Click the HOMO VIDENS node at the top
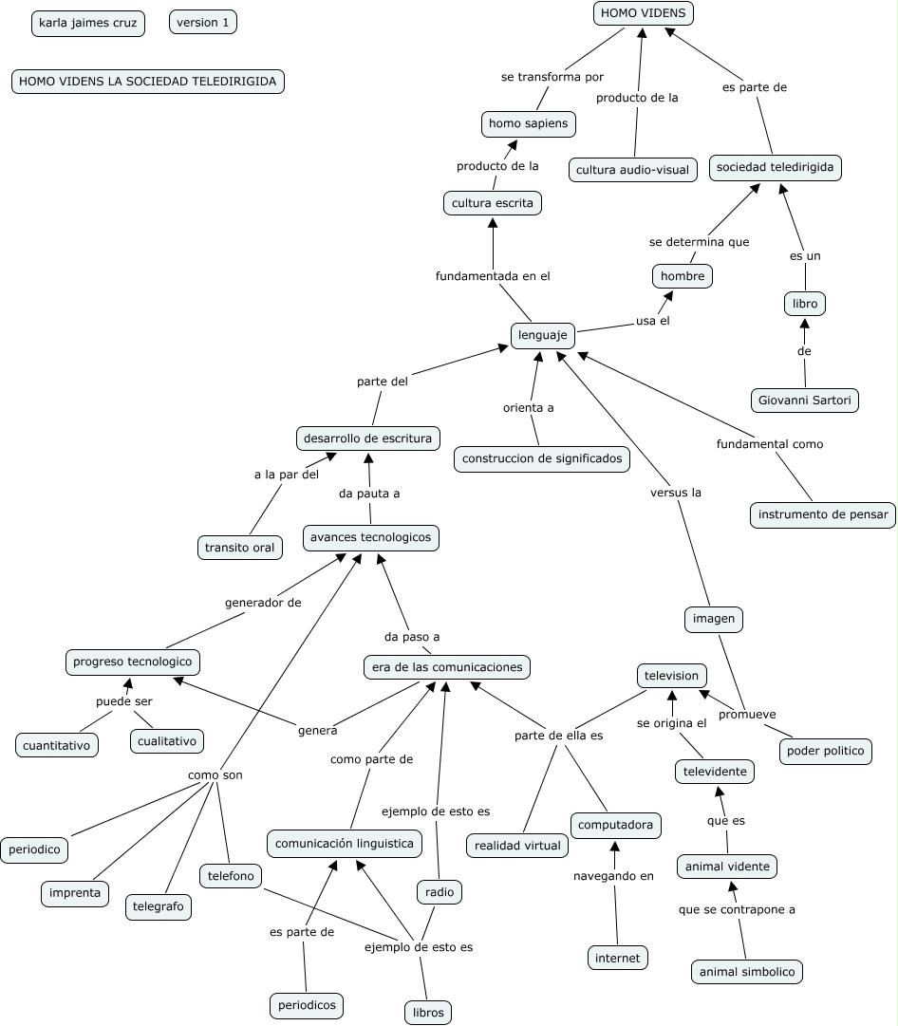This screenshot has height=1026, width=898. pyautogui.click(x=643, y=13)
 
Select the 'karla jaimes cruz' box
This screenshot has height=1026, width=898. pyautogui.click(x=88, y=23)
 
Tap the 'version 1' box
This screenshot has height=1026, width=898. pyautogui.click(x=203, y=23)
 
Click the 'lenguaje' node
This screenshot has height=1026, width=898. pyautogui.click(x=543, y=335)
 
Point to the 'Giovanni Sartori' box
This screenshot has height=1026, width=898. pyautogui.click(x=804, y=401)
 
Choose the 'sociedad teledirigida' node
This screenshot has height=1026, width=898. pyautogui.click(x=775, y=167)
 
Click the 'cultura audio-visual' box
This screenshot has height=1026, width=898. pyautogui.click(x=633, y=171)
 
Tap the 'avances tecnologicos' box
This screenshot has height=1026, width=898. pyautogui.click(x=370, y=537)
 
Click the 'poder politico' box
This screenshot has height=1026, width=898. pyautogui.click(x=826, y=751)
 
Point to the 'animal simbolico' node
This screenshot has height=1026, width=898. pyautogui.click(x=747, y=972)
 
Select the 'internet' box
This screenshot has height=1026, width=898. pyautogui.click(x=618, y=958)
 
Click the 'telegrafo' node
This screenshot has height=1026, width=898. pyautogui.click(x=159, y=906)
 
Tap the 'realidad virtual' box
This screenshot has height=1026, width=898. pyautogui.click(x=517, y=845)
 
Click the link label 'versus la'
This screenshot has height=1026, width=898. pyautogui.click(x=676, y=493)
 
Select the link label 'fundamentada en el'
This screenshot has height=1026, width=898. pyautogui.click(x=493, y=276)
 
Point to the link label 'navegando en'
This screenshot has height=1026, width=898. pyautogui.click(x=613, y=876)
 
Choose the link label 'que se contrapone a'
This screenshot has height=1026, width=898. pyautogui.click(x=737, y=909)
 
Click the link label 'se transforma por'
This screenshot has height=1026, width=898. pyautogui.click(x=552, y=77)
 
